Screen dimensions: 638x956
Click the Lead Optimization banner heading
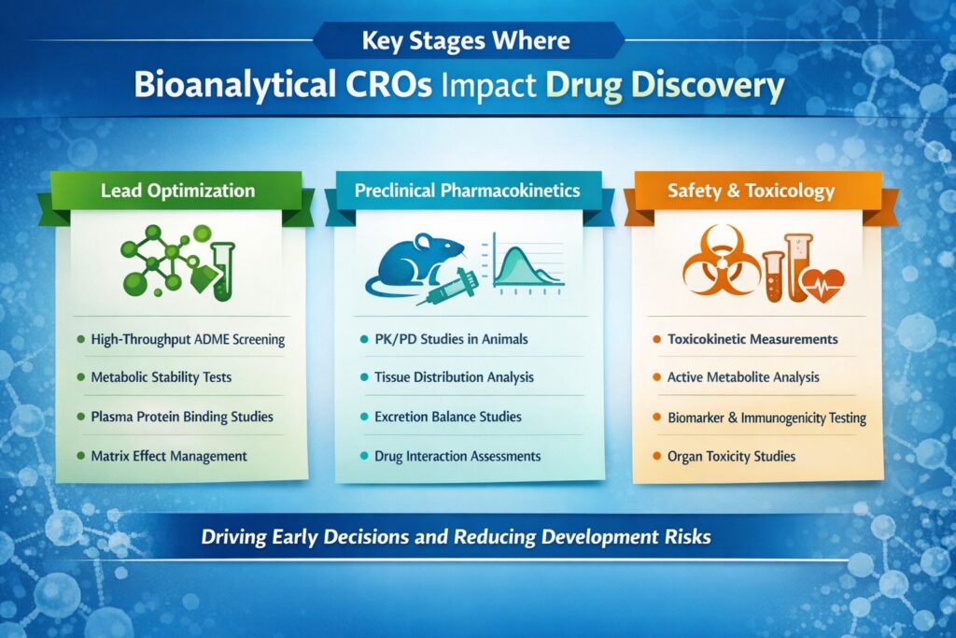177,191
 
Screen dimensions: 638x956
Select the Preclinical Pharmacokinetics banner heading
467,191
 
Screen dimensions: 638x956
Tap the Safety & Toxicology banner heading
752,191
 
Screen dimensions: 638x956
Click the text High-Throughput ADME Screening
188,339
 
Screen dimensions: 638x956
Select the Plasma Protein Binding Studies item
182,417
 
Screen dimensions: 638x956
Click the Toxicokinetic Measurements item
752,339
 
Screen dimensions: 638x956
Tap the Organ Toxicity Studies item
731,456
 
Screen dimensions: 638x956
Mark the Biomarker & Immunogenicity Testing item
766,418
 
